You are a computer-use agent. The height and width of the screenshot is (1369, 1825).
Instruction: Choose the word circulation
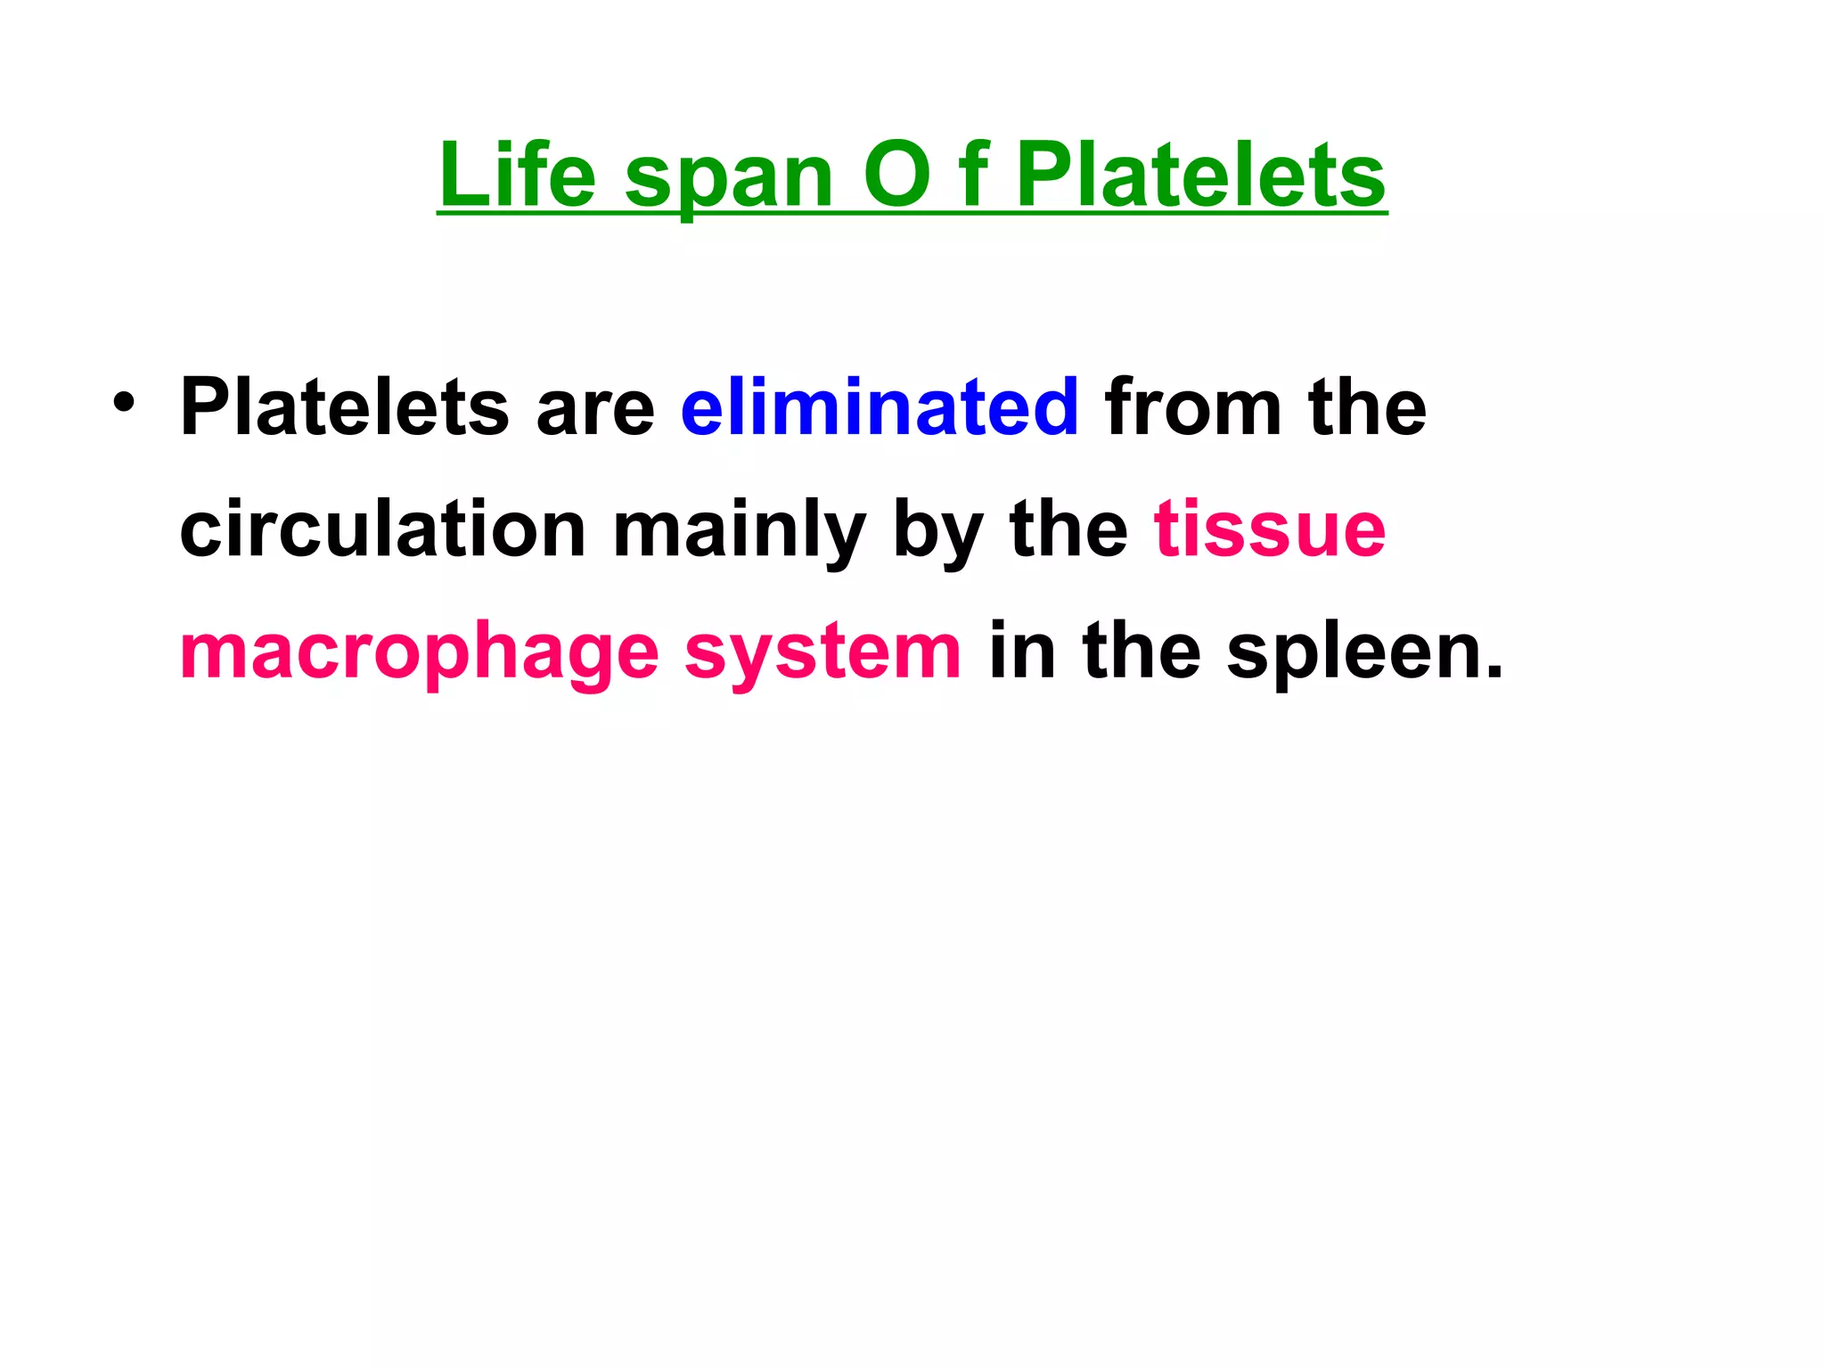click(x=382, y=529)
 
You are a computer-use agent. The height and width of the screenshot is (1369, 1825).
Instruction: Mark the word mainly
click(x=739, y=533)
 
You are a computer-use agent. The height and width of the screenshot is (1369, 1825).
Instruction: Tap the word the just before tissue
click(x=1069, y=529)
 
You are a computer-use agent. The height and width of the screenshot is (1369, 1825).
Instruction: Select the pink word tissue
click(x=1270, y=529)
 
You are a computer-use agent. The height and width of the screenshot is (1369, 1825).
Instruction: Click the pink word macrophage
click(x=419, y=654)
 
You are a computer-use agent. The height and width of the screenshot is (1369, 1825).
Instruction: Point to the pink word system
click(x=822, y=654)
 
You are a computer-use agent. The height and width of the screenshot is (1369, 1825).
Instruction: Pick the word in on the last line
click(x=1021, y=651)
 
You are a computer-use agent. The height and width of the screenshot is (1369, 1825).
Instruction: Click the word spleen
click(x=1363, y=654)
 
